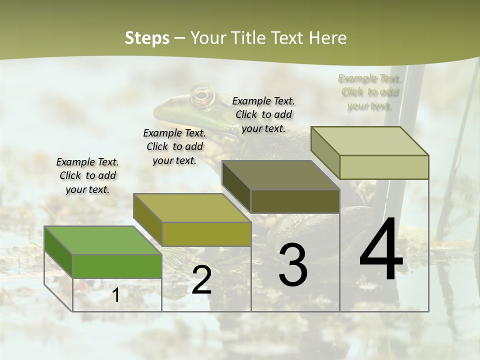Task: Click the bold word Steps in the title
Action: [147, 38]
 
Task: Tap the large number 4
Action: [381, 250]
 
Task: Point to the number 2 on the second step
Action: [201, 280]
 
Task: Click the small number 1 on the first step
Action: [116, 295]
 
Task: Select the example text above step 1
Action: [87, 175]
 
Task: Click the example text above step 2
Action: [174, 146]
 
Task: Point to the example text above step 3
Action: [263, 114]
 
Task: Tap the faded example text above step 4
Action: [369, 92]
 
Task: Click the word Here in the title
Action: [328, 38]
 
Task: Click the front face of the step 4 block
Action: [384, 167]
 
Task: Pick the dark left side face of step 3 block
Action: [236, 186]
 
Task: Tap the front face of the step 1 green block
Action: [117, 266]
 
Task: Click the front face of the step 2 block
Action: [206, 234]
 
